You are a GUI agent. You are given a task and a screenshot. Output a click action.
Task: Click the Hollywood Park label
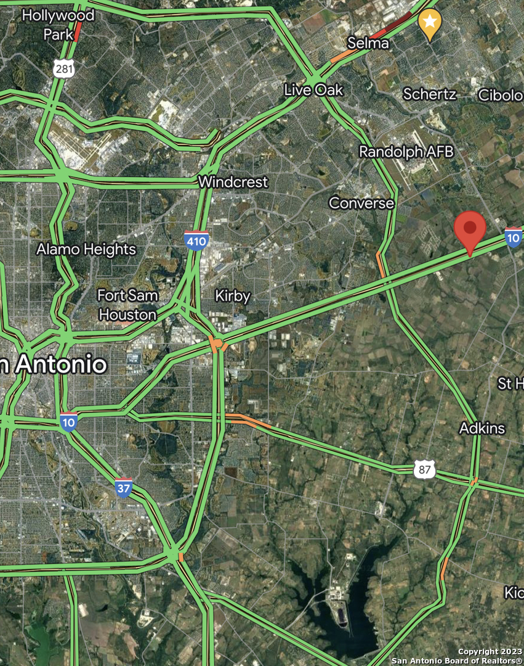coord(58,24)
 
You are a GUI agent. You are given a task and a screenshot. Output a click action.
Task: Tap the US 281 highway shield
coord(64,68)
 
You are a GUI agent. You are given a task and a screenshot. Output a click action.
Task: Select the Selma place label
coord(368,43)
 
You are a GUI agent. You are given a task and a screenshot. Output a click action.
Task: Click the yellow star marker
coord(430,23)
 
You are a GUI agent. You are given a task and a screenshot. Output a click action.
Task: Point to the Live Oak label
coord(313,90)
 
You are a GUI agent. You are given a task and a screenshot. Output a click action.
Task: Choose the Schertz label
coord(429,94)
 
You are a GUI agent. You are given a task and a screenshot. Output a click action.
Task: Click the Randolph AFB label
coord(406,152)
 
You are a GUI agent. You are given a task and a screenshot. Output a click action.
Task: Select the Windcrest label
coord(233,183)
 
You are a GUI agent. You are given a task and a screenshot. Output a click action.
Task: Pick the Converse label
coord(361,203)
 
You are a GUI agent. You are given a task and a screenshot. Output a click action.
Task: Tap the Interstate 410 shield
coord(196,240)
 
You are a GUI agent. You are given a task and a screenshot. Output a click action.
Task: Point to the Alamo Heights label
coord(86,250)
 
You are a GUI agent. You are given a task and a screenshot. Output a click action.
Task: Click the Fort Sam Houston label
coord(128,305)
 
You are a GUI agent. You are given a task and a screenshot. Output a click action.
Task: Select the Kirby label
coord(233,297)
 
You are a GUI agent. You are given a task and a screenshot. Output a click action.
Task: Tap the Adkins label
coord(482,428)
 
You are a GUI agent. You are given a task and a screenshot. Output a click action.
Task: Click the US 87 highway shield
coord(425,470)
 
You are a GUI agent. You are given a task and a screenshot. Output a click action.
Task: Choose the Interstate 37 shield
coord(124,487)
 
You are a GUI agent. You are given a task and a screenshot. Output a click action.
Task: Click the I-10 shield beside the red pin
coord(513,237)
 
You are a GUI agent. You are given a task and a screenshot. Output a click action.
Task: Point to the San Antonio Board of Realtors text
coord(456,660)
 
